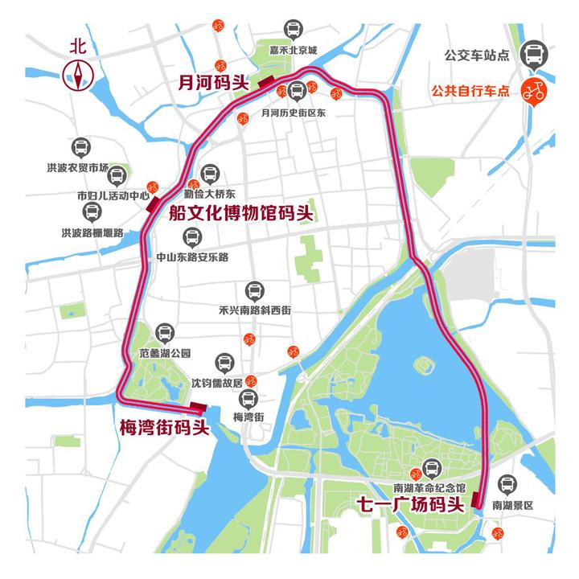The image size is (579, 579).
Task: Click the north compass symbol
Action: point(79,75)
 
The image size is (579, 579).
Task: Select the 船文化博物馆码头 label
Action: point(240,213)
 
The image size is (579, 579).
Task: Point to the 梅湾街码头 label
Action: point(164,427)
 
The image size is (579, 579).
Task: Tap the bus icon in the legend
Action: point(532,55)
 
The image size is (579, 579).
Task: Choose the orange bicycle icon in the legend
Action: point(532,90)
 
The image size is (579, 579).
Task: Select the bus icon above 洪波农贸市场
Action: point(79,148)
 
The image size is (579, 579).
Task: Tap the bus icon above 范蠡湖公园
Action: point(164,332)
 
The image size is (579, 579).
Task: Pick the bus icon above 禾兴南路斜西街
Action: point(254,291)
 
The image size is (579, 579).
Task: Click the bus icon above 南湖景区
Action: point(508,484)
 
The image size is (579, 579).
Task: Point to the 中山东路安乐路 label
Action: point(192,257)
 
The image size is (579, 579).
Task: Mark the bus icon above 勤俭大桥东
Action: point(210,174)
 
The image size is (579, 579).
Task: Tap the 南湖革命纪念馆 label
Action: point(429,488)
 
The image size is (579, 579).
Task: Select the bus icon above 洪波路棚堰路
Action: point(92,212)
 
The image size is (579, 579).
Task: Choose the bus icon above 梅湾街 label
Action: point(248,398)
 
